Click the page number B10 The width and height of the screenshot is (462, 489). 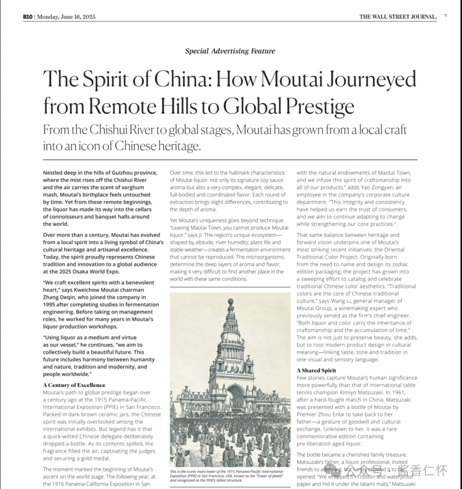coord(28,17)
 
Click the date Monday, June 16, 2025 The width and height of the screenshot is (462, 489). coord(66,17)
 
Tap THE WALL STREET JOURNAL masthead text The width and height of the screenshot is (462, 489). coord(398,17)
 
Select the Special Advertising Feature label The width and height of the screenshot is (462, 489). coord(230,51)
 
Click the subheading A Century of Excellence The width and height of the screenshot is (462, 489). coord(74,385)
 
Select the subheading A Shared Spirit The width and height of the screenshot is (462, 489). coord(316,370)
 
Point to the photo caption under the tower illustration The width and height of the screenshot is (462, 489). coord(227,476)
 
